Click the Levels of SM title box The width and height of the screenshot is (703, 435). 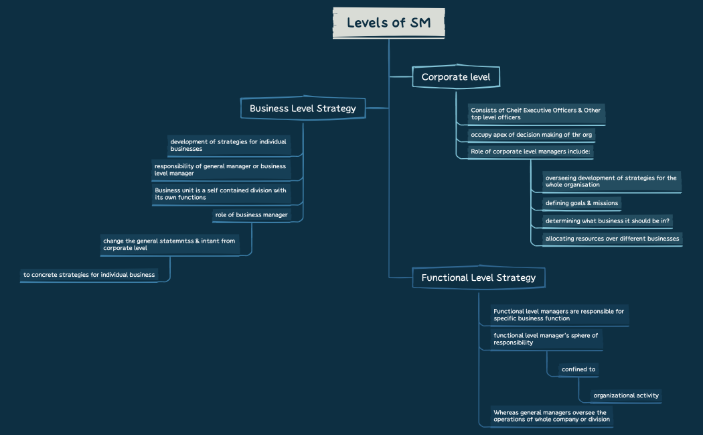[x=388, y=23]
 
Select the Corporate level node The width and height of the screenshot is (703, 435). [x=456, y=77]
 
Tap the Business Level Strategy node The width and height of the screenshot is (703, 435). [x=303, y=108]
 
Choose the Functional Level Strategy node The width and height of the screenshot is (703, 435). [x=478, y=277]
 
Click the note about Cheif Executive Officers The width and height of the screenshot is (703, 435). [x=536, y=114]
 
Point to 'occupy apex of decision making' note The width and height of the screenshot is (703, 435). [x=531, y=135]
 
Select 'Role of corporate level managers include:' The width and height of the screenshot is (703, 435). [x=530, y=151]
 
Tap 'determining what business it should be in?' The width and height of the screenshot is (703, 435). [x=608, y=221]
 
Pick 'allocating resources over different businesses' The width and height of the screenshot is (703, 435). [x=612, y=238]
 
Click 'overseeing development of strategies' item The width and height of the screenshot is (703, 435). [x=611, y=181]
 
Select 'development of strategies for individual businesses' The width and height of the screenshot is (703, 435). [x=229, y=145]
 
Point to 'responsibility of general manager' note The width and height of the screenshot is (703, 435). [x=221, y=170]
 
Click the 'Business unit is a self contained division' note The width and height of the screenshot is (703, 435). [x=221, y=194]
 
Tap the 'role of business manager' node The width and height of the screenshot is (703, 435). [x=251, y=214]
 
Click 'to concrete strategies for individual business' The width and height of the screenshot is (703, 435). [x=89, y=274]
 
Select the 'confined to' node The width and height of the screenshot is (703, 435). [x=578, y=369]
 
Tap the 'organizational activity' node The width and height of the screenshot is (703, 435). [x=626, y=395]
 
